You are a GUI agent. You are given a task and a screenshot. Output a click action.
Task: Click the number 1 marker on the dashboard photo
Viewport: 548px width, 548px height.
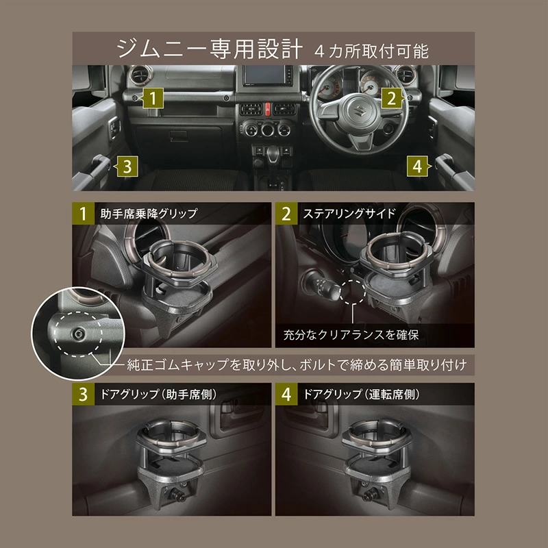pyautogui.click(x=155, y=98)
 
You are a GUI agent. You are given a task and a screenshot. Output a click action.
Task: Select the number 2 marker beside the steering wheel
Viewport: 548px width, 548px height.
pyautogui.click(x=390, y=98)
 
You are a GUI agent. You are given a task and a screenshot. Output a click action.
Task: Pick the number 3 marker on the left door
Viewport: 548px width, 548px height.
pyautogui.click(x=128, y=164)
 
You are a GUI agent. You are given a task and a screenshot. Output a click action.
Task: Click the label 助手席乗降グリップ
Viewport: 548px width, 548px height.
pyautogui.click(x=148, y=213)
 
